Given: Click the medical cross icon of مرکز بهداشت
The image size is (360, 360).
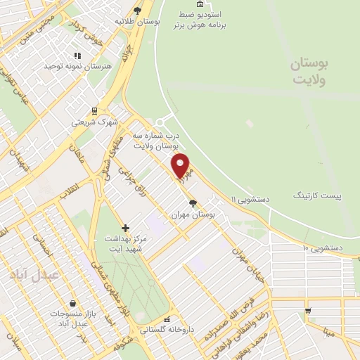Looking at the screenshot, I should pos(125,228).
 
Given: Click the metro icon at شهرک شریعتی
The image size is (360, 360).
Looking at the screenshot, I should pos(94,110).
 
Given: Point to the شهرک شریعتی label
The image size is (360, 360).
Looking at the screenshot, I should pos(91,122).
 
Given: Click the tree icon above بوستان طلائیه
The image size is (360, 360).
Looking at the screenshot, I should pos(138,10).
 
